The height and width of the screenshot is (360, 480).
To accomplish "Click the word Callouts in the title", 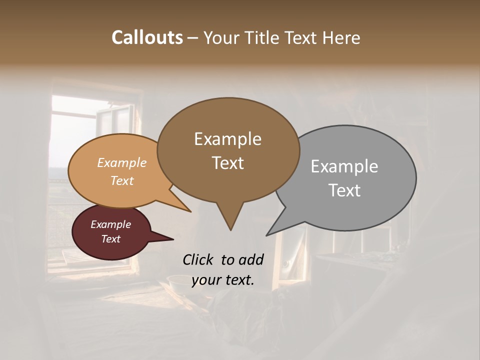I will (x=147, y=37).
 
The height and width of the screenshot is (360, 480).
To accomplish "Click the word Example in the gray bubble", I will (x=344, y=166).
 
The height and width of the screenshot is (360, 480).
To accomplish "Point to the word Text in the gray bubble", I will (x=344, y=190).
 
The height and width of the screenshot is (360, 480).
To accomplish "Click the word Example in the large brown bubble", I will (x=227, y=139).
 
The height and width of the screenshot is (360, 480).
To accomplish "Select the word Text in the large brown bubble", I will (x=227, y=163).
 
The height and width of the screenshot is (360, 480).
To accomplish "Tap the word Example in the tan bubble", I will (x=122, y=162).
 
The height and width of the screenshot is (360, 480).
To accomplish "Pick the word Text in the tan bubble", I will (x=122, y=180).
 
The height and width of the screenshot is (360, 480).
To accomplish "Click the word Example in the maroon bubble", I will (x=110, y=224).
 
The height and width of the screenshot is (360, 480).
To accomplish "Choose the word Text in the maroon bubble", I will (x=110, y=239).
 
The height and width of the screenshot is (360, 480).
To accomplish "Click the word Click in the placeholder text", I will (x=199, y=259).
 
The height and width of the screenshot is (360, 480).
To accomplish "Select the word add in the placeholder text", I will (x=251, y=259).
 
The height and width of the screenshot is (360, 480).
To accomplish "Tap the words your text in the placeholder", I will (x=222, y=280).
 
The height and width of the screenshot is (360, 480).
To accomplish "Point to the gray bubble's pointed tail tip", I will (x=266, y=235).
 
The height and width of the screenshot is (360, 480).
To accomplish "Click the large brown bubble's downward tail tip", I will (x=230, y=230).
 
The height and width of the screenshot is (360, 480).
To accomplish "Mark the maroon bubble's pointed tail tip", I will (x=173, y=239).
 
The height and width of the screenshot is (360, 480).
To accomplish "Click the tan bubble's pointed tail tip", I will (x=191, y=212).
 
